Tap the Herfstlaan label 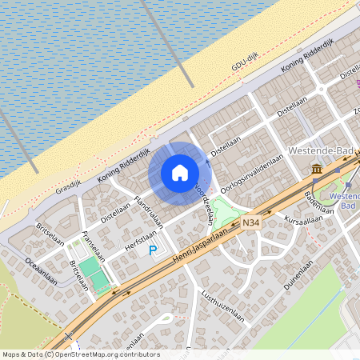click(142, 239)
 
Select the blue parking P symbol click(153, 250)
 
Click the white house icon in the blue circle click(180, 172)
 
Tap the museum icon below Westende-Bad click(318, 170)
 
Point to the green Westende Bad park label click(344, 199)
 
